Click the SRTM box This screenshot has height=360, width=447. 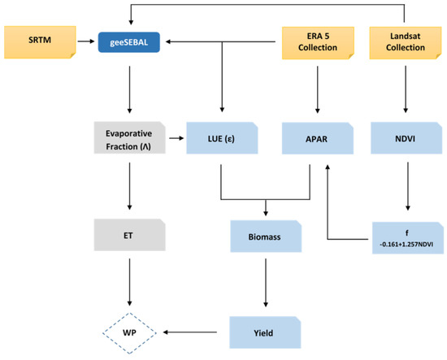click(40, 42)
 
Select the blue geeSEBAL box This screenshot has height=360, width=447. click(129, 42)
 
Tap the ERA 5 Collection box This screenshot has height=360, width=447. click(318, 43)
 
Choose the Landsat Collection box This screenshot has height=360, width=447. click(406, 43)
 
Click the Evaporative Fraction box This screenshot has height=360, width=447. click(130, 137)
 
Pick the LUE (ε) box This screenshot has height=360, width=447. click(222, 138)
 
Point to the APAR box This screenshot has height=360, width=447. click(318, 138)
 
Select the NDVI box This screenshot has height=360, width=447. click(406, 138)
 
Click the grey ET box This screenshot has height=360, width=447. click(130, 235)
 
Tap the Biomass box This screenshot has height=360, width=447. click(266, 236)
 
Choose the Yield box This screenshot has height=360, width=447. click(265, 332)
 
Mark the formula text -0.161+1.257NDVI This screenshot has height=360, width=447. click(406, 245)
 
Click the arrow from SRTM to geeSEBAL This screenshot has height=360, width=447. click(86, 41)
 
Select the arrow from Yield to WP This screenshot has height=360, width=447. click(190, 332)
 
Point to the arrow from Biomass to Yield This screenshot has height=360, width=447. click(266, 283)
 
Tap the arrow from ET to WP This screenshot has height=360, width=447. click(130, 282)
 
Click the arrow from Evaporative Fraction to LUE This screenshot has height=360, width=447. click(176, 138)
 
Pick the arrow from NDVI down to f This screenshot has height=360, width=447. click(408, 186)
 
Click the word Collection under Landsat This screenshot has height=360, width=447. click(406, 47)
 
